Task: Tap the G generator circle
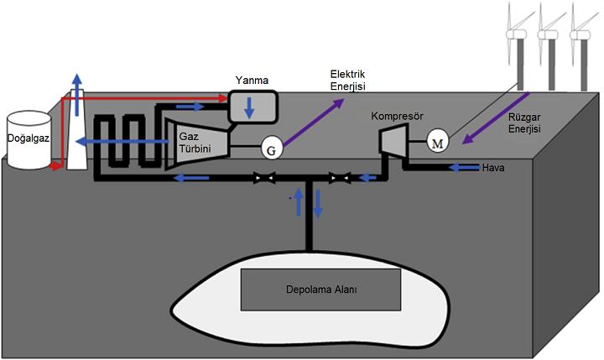271,149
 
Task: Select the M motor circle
438,141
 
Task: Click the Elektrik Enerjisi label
348,81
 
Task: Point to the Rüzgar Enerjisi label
525,123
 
